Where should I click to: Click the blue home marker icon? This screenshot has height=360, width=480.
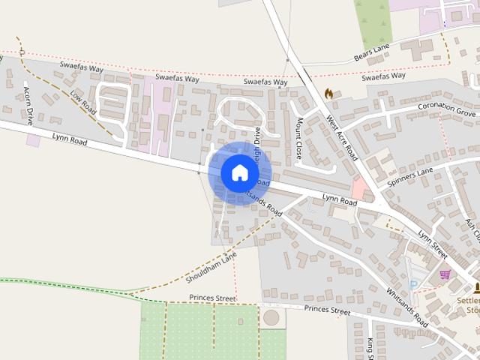[x=239, y=172]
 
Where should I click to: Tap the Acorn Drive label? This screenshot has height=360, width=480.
[x=28, y=106]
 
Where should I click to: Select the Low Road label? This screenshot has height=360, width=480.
[x=83, y=103]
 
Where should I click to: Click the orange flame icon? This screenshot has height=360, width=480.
[x=328, y=94]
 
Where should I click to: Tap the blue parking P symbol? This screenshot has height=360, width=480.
[x=413, y=285]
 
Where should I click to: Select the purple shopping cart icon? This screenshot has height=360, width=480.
[x=445, y=274]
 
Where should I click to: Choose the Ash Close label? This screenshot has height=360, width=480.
[x=472, y=232]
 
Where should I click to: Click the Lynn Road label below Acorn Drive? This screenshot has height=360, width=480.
[x=70, y=139]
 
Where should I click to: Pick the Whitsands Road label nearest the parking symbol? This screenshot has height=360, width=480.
[x=406, y=308]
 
